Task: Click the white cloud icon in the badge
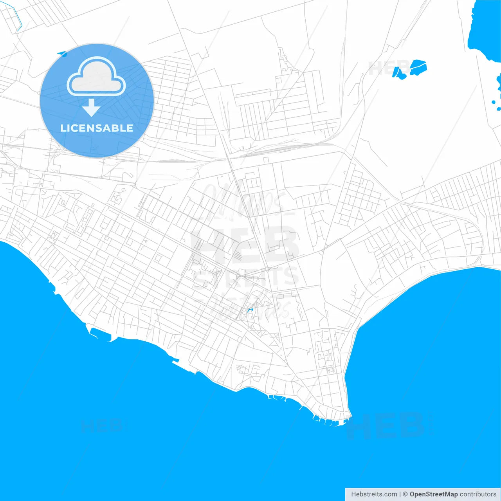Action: (x=96, y=76)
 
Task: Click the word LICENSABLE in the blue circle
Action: (x=97, y=128)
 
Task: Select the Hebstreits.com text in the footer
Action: (x=374, y=494)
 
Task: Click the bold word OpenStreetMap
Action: (x=433, y=494)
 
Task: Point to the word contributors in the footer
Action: (x=478, y=494)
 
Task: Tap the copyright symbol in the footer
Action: (x=405, y=494)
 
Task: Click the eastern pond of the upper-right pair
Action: (x=418, y=67)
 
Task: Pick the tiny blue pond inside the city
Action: (x=250, y=310)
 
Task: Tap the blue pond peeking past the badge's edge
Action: (x=62, y=54)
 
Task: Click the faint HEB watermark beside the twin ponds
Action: (x=386, y=68)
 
